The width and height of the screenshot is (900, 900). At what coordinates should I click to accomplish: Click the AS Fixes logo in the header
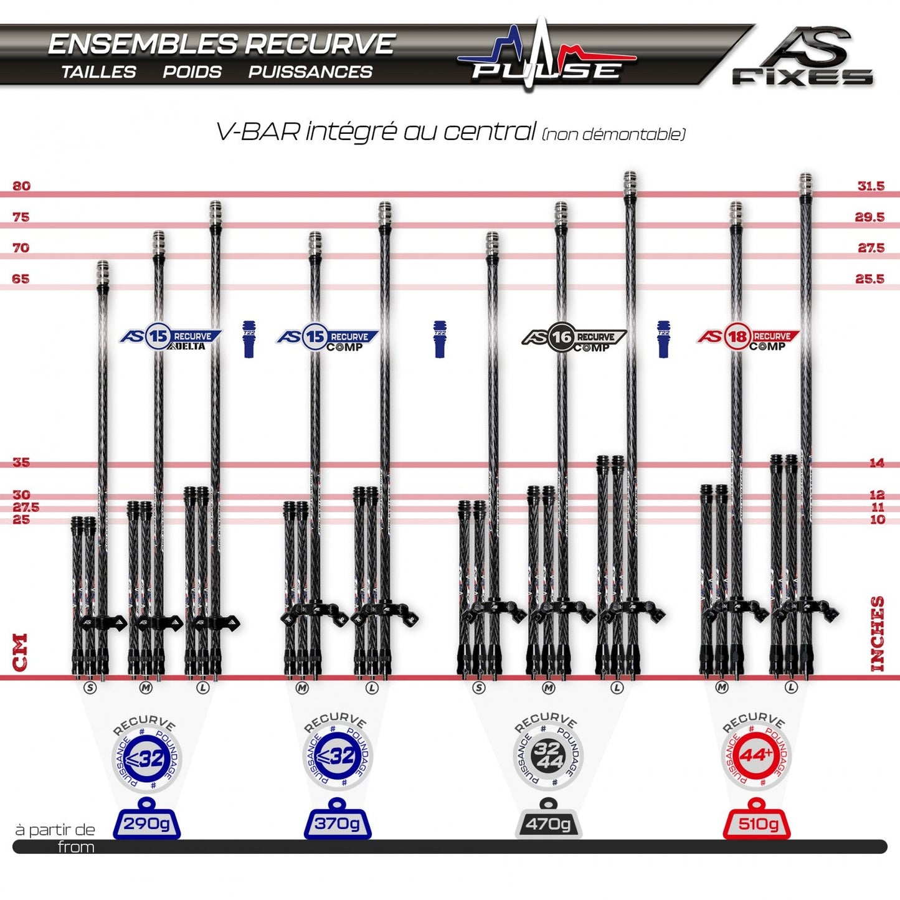tap(802, 57)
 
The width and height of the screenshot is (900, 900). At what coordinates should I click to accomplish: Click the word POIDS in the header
tap(192, 72)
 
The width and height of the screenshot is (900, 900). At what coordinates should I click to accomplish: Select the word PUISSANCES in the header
tap(310, 72)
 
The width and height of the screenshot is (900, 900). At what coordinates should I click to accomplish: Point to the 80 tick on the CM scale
tap(21, 186)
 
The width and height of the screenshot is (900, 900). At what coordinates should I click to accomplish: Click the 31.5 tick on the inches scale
tap(870, 186)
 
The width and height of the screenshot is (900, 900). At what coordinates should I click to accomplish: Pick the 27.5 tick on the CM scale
tap(26, 508)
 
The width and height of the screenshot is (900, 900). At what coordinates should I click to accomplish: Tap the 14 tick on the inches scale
tap(876, 463)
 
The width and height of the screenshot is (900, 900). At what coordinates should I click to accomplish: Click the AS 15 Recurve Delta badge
tap(171, 338)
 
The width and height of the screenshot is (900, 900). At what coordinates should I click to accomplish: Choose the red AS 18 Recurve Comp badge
tap(748, 338)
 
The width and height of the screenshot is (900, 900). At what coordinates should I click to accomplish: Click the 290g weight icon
tap(146, 820)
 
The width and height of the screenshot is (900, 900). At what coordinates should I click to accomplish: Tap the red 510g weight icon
tap(757, 821)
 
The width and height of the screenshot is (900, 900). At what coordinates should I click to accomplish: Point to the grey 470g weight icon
tap(547, 821)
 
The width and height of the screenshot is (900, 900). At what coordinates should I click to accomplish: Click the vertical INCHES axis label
tap(877, 633)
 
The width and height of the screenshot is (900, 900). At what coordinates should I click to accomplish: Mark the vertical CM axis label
tap(21, 652)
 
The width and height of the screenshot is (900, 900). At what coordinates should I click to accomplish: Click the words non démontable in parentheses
tap(613, 135)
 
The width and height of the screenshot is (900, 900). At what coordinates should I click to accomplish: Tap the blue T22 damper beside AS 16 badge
tap(663, 339)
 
